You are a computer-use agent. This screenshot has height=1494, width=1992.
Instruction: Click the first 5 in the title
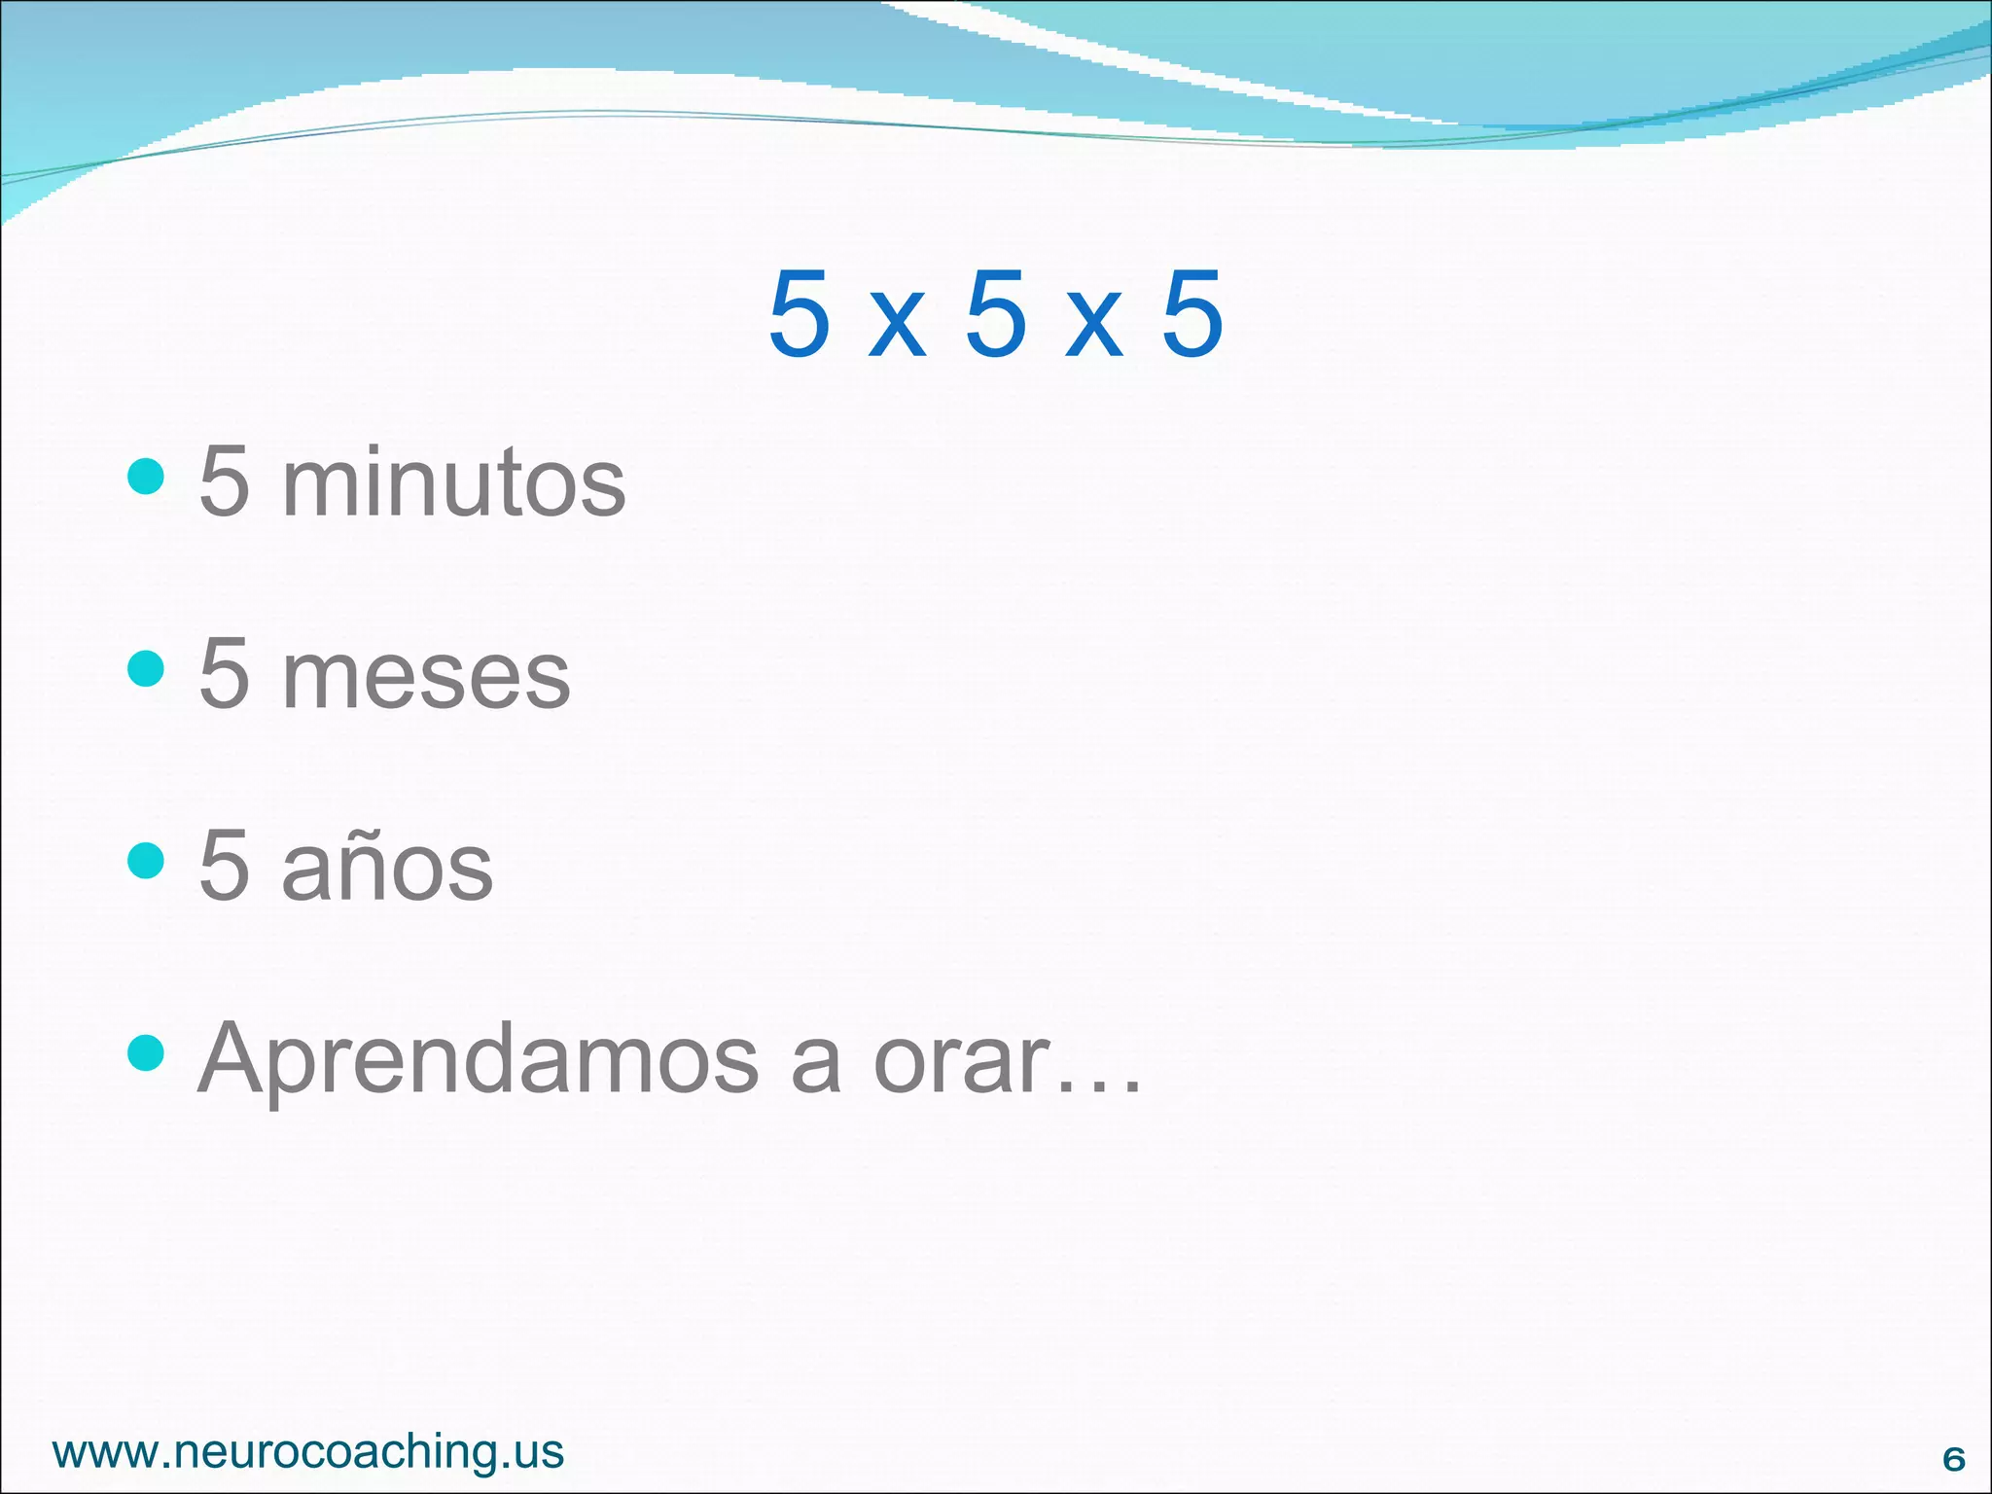(800, 313)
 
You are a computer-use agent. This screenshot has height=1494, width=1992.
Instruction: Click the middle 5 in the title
(996, 313)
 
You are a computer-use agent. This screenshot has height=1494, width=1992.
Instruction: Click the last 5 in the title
(1192, 313)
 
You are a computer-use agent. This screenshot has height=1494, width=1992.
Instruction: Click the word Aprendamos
(478, 1060)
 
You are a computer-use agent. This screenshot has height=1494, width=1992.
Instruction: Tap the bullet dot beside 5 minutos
(146, 477)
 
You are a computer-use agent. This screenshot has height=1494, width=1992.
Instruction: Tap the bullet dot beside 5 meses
(146, 668)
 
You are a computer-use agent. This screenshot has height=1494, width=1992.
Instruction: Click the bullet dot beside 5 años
(146, 860)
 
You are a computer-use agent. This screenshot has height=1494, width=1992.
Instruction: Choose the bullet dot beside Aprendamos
(146, 1051)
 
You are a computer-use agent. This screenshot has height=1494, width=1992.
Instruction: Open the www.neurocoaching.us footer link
(308, 1452)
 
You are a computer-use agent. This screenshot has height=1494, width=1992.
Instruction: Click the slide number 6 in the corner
(1953, 1459)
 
